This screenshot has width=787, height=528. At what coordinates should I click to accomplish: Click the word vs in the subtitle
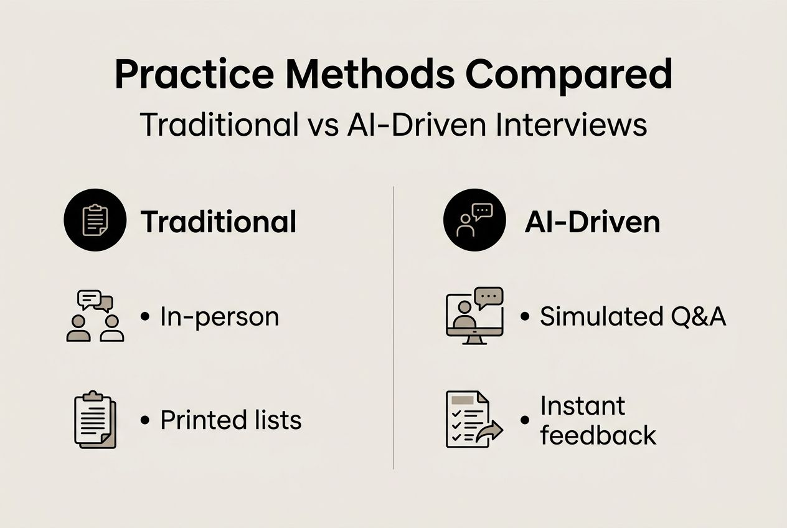click(x=323, y=125)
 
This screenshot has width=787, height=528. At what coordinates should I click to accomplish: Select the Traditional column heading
click(x=219, y=222)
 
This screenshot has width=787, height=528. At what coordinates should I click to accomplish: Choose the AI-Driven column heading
click(x=592, y=222)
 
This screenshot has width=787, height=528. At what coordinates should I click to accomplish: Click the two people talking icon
click(x=95, y=316)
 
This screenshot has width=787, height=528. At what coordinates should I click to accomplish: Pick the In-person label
click(x=219, y=317)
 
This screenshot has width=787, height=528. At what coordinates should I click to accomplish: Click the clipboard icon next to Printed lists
click(x=95, y=419)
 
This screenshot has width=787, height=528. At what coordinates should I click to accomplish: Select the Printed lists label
click(x=230, y=420)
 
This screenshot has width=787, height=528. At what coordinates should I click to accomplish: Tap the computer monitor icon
click(x=474, y=316)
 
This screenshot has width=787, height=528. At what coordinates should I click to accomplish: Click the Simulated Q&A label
click(x=632, y=317)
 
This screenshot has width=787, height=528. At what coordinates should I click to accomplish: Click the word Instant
click(x=582, y=406)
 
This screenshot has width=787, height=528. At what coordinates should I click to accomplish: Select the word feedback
click(x=598, y=435)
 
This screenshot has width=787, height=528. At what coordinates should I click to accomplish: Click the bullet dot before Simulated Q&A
click(x=525, y=317)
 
